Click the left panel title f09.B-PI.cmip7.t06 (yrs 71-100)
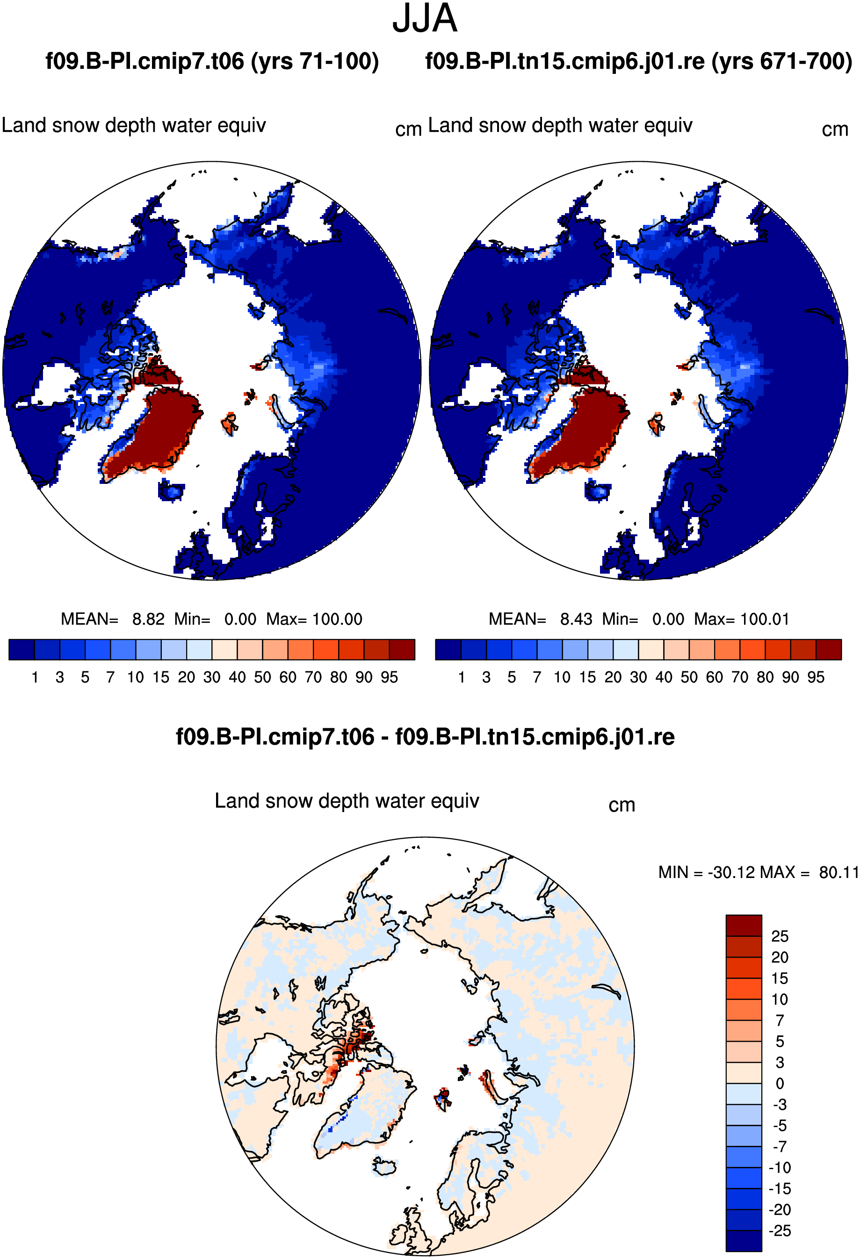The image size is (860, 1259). (212, 61)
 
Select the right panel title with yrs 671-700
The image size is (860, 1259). (639, 61)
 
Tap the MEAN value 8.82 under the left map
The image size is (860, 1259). (148, 619)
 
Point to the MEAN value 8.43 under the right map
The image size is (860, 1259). (576, 619)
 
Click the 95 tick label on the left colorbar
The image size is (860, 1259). (389, 677)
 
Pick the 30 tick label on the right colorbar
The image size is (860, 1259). (638, 677)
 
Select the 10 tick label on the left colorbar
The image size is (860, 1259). (136, 677)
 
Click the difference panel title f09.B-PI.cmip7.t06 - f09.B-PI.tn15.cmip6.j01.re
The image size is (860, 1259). (426, 737)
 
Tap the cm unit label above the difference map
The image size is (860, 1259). (622, 806)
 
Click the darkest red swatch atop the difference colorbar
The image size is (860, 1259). (744, 925)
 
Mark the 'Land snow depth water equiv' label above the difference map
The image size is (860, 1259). (347, 801)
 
